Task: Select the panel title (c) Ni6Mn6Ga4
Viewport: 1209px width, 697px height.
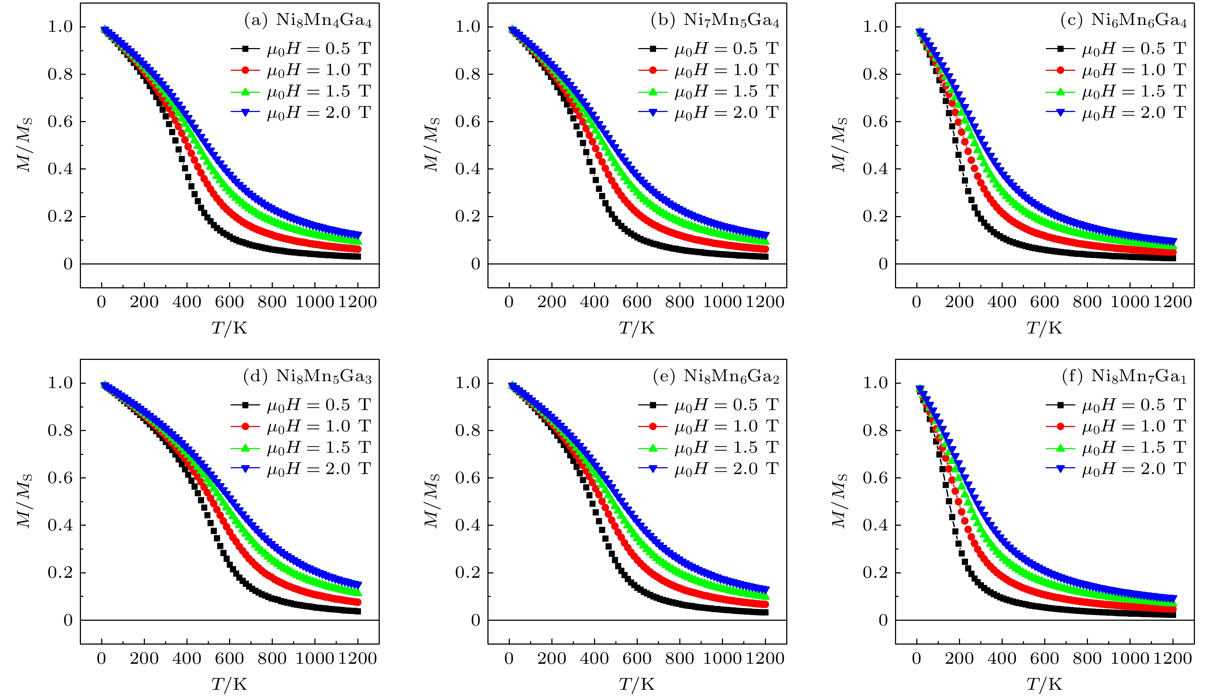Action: click(1123, 21)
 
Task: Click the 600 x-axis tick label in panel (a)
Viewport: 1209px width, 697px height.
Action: click(229, 302)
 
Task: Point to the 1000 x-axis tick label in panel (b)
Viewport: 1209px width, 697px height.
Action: click(722, 302)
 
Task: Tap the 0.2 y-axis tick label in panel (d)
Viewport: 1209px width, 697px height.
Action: click(60, 573)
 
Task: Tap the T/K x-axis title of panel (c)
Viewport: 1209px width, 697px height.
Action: click(1044, 328)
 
